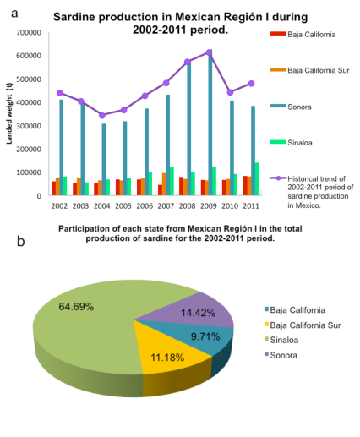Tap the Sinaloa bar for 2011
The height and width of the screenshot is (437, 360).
point(257,179)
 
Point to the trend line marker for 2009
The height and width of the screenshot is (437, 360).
point(210,52)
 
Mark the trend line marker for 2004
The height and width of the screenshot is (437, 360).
point(103,116)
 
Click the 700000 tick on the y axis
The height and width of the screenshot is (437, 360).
point(28,32)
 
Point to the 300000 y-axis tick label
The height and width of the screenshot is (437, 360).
point(28,125)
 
